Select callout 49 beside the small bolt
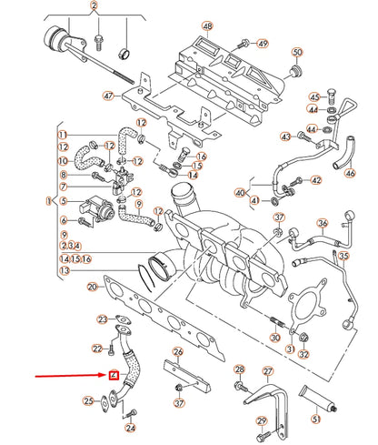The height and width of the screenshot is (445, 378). click(264, 44)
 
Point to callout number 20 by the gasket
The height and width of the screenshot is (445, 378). click(92, 288)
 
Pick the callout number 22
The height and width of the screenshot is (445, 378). click(97, 349)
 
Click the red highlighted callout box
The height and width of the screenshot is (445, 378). click(114, 376)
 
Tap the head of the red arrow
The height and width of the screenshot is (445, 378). click(104, 376)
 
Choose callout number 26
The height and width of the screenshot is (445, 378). click(178, 352)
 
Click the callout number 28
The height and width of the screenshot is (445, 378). click(239, 369)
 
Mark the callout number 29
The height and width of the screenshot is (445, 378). click(263, 420)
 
